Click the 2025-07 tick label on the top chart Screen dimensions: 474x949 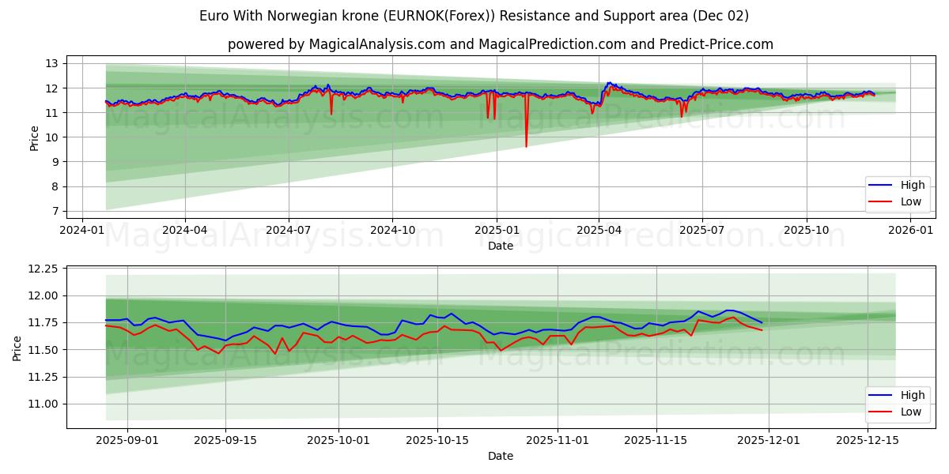pos(702,230)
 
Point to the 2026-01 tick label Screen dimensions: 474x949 pos(911,230)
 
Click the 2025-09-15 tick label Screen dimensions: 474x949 pos(225,441)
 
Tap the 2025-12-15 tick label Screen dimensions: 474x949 pos(868,441)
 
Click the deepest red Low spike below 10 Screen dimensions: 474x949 pos(526,146)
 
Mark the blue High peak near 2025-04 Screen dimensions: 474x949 pos(608,82)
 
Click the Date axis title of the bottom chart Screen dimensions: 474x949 pos(500,456)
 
